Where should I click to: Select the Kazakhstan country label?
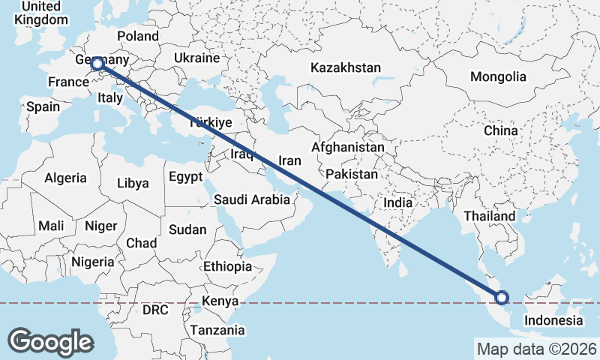click(x=346, y=67)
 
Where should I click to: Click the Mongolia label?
click(x=498, y=76)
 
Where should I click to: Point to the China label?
click(x=500, y=130)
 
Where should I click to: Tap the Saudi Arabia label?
click(x=252, y=199)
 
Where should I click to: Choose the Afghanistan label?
click(x=348, y=148)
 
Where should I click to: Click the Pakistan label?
click(x=352, y=174)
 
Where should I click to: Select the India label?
click(x=397, y=202)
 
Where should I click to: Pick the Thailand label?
click(x=490, y=216)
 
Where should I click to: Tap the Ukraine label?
click(x=196, y=58)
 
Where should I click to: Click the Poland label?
click(x=139, y=36)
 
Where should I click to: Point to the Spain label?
click(x=43, y=106)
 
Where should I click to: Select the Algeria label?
click(x=66, y=178)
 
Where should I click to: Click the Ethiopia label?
click(x=227, y=266)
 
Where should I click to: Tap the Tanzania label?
click(x=217, y=330)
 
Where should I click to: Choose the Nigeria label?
click(x=93, y=262)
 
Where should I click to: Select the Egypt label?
click(x=185, y=177)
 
